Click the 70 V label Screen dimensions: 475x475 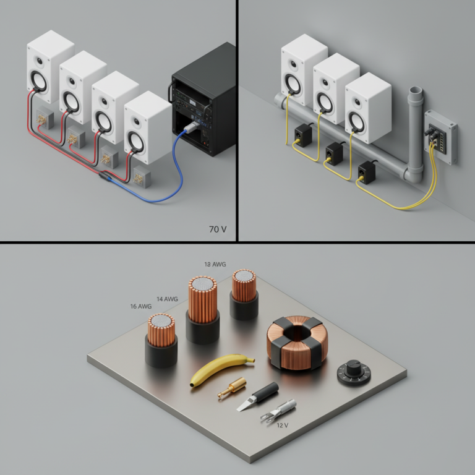tap(218, 229)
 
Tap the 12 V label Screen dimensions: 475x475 tap(282, 426)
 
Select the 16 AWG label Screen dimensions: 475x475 tap(141, 306)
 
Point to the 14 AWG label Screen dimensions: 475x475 tap(167, 299)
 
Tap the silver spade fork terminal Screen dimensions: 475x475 tap(278, 410)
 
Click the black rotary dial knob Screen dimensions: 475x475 tap(354, 372)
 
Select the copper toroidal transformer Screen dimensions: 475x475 tap(297, 343)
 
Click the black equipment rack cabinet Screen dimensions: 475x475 tap(202, 100)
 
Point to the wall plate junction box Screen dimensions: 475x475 tap(440, 137)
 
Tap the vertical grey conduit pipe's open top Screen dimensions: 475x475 tap(416, 90)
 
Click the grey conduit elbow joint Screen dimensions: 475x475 tap(413, 175)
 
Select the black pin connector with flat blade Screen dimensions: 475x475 tap(257, 396)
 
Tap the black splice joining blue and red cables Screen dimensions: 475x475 tap(104, 176)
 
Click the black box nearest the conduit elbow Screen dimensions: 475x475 tap(367, 172)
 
